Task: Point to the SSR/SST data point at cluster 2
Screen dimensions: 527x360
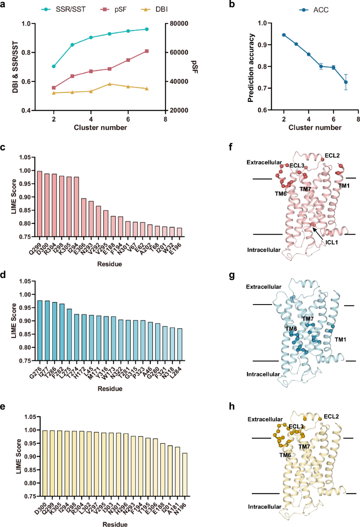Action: [x=54, y=66]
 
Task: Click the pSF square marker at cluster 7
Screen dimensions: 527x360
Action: [x=147, y=51]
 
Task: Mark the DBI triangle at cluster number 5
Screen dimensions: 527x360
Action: [x=109, y=84]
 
